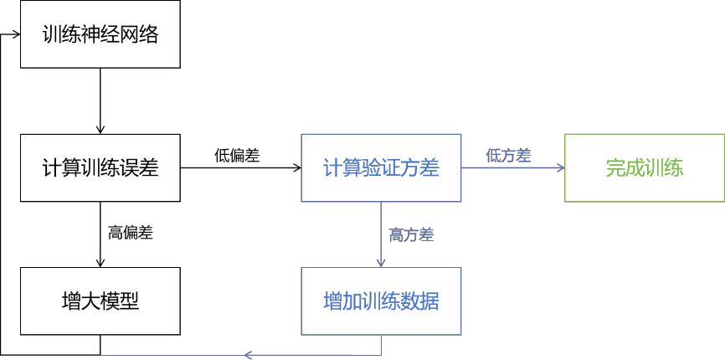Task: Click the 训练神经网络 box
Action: pyautogui.click(x=100, y=34)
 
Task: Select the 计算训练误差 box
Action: pyautogui.click(x=100, y=167)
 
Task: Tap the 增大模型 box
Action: pyautogui.click(x=100, y=301)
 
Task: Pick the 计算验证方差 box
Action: pyautogui.click(x=381, y=167)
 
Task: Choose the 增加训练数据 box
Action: pyautogui.click(x=381, y=301)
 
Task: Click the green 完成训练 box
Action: pyautogui.click(x=645, y=167)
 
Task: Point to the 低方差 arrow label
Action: pyautogui.click(x=508, y=155)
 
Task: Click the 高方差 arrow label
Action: pyautogui.click(x=411, y=235)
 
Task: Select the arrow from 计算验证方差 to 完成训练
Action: pyautogui.click(x=512, y=167)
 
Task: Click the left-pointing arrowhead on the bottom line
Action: pyautogui.click(x=248, y=355)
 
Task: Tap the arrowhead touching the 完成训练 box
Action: pyautogui.click(x=560, y=167)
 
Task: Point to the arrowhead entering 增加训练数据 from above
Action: pyautogui.click(x=381, y=263)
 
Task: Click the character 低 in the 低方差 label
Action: pyautogui.click(x=493, y=155)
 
